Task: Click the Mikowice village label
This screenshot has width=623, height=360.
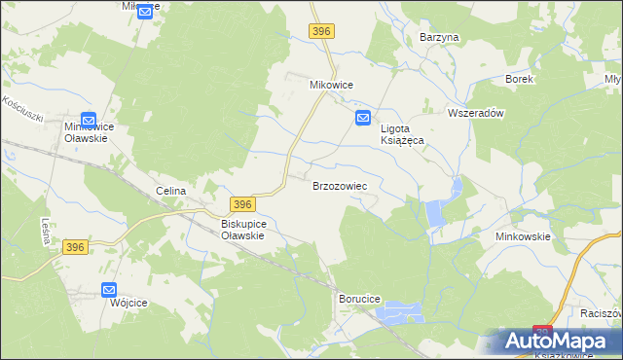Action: click(x=331, y=85)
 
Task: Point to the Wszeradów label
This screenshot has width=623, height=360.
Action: click(x=474, y=113)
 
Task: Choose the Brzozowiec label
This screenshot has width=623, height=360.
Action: click(x=338, y=185)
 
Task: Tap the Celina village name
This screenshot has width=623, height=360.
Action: click(x=170, y=191)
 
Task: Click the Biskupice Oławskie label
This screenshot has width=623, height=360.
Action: click(x=237, y=229)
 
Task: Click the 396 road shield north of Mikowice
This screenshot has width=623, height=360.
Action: click(x=323, y=32)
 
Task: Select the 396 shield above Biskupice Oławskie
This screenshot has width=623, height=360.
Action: click(x=243, y=204)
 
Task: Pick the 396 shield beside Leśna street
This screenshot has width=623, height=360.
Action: click(x=77, y=248)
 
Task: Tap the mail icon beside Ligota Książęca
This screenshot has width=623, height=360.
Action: click(x=362, y=119)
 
